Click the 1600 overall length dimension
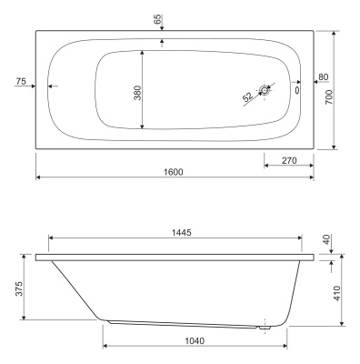[x=174, y=172]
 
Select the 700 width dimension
[x=329, y=97]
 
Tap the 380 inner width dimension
[x=137, y=93]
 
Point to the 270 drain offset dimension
[x=289, y=160]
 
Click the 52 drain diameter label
[x=247, y=96]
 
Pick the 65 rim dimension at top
[x=157, y=20]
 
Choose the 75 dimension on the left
[x=21, y=81]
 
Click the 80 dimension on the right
[x=324, y=77]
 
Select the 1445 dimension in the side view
[x=182, y=233]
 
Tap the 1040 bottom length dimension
[x=195, y=341]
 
